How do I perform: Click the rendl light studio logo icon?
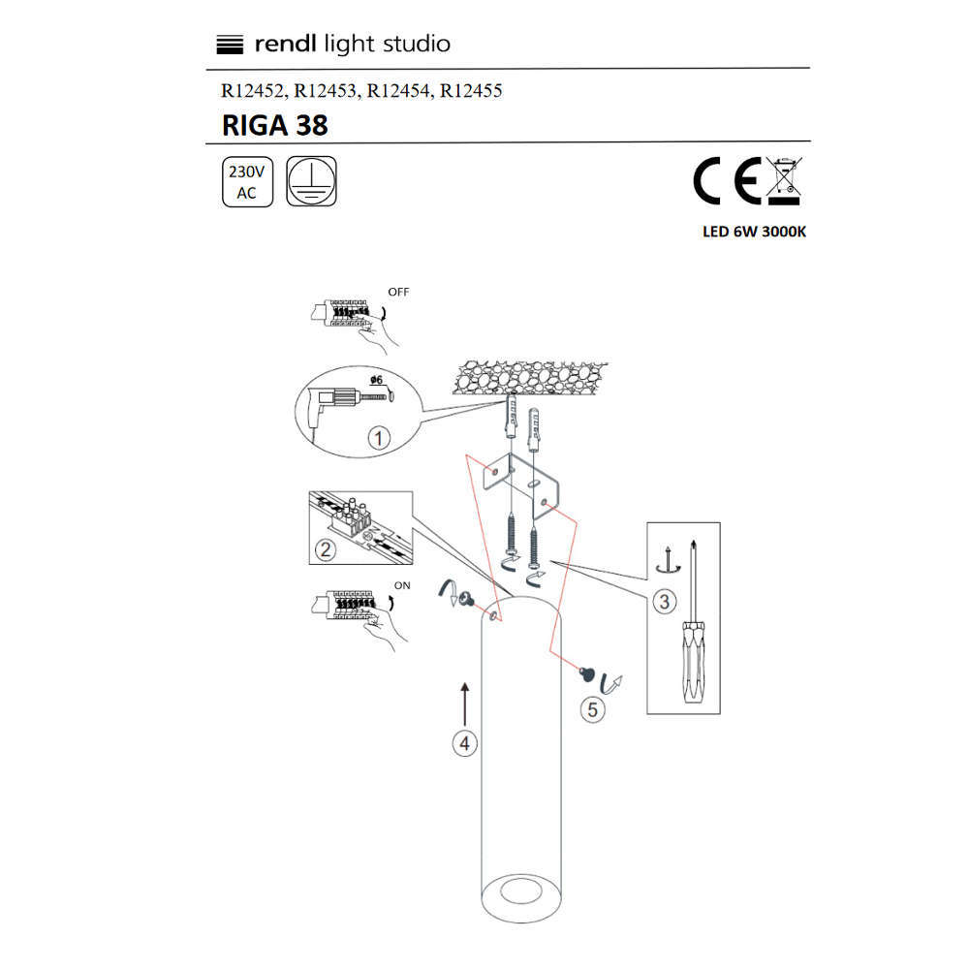(x=227, y=44)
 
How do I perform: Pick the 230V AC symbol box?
(x=247, y=181)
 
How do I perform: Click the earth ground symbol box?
(x=312, y=181)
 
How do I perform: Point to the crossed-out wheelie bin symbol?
(x=783, y=181)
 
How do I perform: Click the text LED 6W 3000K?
(x=754, y=233)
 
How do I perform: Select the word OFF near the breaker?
(x=398, y=291)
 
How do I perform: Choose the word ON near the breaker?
(x=403, y=584)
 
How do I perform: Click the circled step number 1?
(x=379, y=438)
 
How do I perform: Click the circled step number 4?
(x=465, y=743)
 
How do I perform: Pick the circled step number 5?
(x=592, y=709)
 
